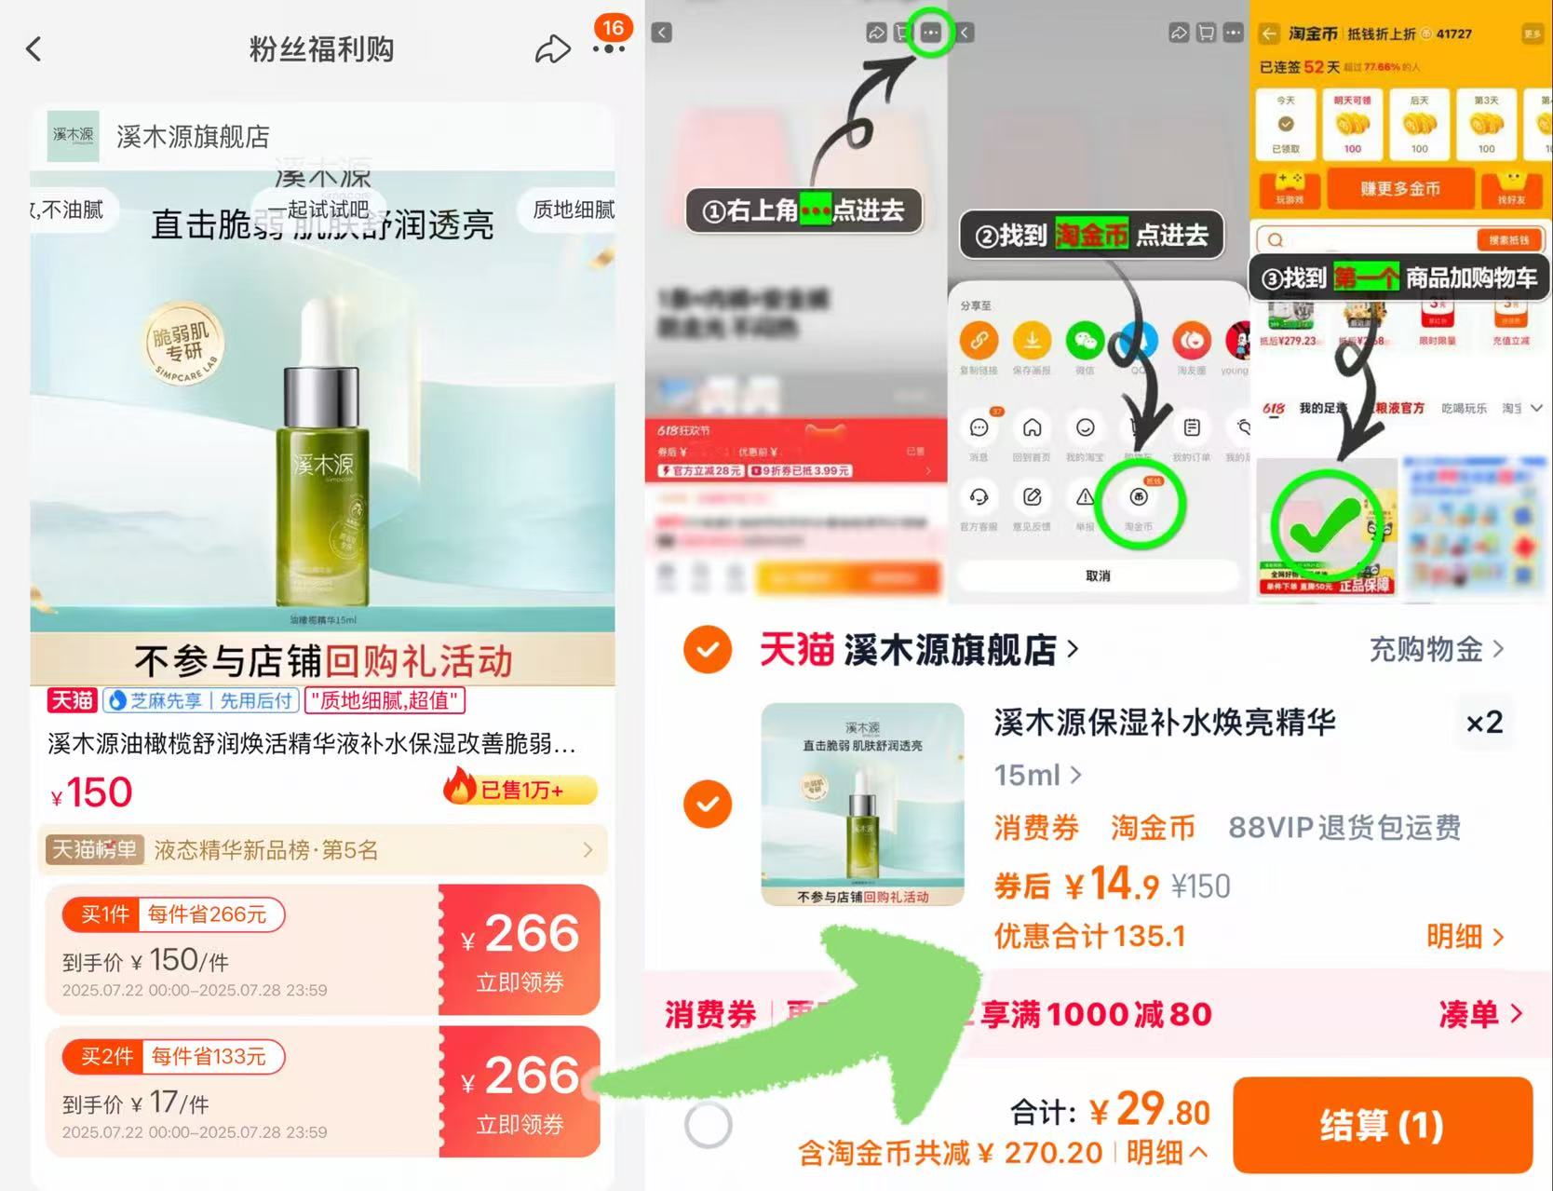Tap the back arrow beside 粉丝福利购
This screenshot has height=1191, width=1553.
34,48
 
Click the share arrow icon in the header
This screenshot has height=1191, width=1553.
552,49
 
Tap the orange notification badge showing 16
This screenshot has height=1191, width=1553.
613,28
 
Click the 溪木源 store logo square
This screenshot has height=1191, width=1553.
74,136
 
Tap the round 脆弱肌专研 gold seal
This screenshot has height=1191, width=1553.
183,345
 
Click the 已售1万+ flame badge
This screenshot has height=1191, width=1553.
520,790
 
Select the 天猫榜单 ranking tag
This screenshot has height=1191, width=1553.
94,849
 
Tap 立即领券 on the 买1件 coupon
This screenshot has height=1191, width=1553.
520,981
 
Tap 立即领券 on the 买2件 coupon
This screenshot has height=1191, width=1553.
520,1124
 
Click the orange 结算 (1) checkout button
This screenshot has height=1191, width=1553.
1382,1125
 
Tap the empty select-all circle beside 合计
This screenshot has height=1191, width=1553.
708,1125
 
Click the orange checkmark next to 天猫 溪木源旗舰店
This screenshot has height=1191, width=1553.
708,649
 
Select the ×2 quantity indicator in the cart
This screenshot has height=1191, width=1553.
1484,723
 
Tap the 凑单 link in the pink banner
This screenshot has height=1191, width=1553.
1480,1013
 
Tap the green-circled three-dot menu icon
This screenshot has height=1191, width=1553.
930,33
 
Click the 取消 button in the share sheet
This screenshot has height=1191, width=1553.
1098,575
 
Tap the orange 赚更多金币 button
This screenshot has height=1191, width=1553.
1399,189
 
